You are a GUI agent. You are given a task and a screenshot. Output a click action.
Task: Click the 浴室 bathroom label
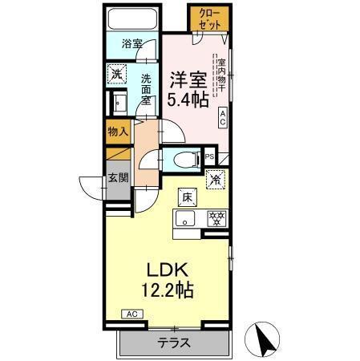pos(133,46)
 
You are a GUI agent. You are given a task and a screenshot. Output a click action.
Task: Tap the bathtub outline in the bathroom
pos(132,20)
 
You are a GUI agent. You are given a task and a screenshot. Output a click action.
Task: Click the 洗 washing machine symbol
pos(118,74)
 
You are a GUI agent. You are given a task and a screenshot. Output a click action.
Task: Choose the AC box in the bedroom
pos(223,118)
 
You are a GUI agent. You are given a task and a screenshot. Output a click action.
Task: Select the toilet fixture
pos(182,159)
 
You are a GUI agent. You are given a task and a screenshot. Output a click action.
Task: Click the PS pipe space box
pos(209,158)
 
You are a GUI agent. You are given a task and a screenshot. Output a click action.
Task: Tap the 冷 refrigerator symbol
pos(214,180)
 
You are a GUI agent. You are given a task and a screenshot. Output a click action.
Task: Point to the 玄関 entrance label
pos(119,178)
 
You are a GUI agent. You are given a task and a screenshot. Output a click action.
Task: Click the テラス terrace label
pos(174,343)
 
